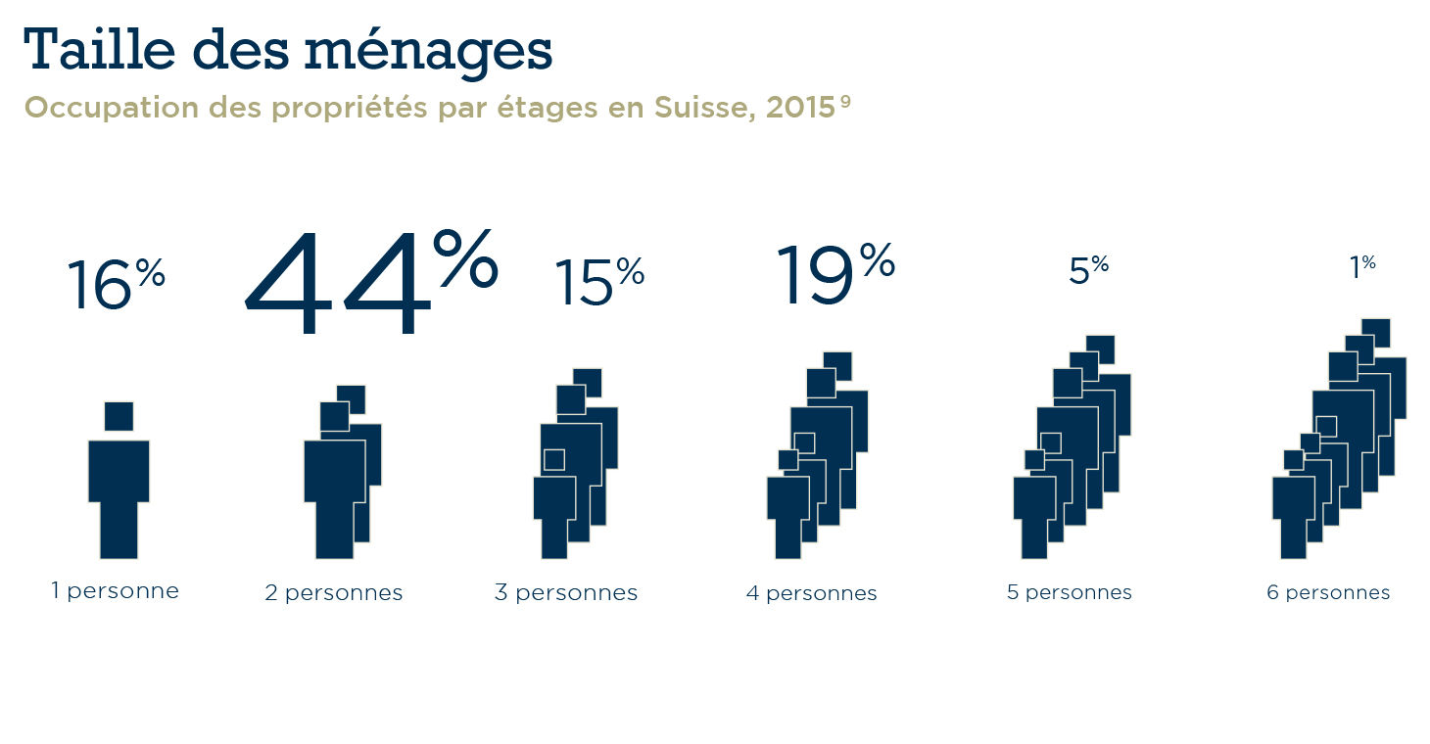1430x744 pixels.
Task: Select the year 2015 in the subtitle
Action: pyautogui.click(x=800, y=108)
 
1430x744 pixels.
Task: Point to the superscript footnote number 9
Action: pyautogui.click(x=844, y=101)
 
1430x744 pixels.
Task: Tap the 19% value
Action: pyautogui.click(x=834, y=274)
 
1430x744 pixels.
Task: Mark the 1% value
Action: pyautogui.click(x=1362, y=267)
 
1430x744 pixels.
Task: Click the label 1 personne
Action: pyautogui.click(x=116, y=591)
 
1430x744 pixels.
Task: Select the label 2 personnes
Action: pyautogui.click(x=334, y=593)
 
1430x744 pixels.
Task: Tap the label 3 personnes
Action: pyautogui.click(x=566, y=593)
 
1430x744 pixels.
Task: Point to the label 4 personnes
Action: pyautogui.click(x=812, y=593)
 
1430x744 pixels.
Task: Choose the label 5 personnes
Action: pyautogui.click(x=1070, y=593)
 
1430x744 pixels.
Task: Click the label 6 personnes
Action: pyautogui.click(x=1328, y=593)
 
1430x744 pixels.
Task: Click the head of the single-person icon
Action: pyautogui.click(x=119, y=416)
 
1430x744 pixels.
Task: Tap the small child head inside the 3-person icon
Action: pyautogui.click(x=554, y=460)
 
